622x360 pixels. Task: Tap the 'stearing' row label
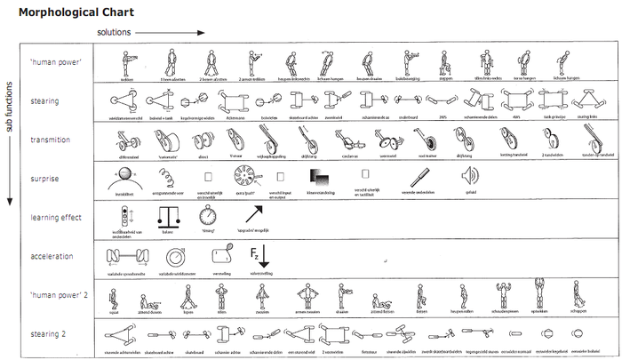point(44,101)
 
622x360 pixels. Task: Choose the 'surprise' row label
point(44,179)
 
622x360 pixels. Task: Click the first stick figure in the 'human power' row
point(126,62)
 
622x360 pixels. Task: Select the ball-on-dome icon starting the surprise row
point(126,174)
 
